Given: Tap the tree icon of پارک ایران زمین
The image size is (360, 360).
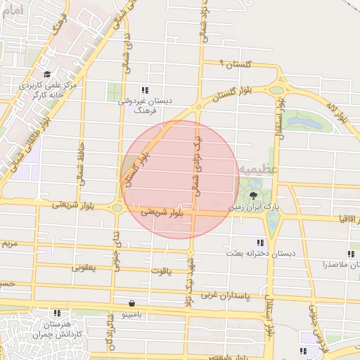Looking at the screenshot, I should [252, 195].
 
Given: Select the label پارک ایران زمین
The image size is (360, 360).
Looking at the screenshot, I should [253, 208].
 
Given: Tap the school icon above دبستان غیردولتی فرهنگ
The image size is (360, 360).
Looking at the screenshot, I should [145, 90].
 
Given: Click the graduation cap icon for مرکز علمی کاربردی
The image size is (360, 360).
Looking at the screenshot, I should [47, 74].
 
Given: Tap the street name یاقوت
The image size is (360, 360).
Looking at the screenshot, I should [161, 269].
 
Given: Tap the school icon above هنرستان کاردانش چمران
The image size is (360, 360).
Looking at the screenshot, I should [57, 312].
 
